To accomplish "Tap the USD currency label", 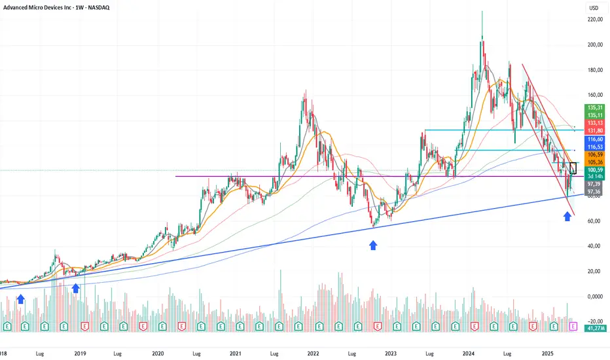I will (594, 8).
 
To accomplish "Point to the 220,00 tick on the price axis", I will (594, 20).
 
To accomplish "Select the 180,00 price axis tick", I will (594, 70).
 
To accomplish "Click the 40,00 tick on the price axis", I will (594, 246).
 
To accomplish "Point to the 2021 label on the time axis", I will (236, 353).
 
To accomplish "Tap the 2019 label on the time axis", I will (80, 353).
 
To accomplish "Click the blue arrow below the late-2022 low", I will (373, 245).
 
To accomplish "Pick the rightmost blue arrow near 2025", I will (567, 216).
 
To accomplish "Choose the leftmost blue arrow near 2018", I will (21, 298).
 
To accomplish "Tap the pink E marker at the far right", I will (574, 325).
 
